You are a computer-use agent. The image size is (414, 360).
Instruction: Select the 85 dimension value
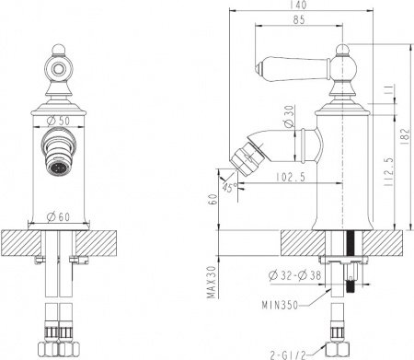(300, 20)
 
